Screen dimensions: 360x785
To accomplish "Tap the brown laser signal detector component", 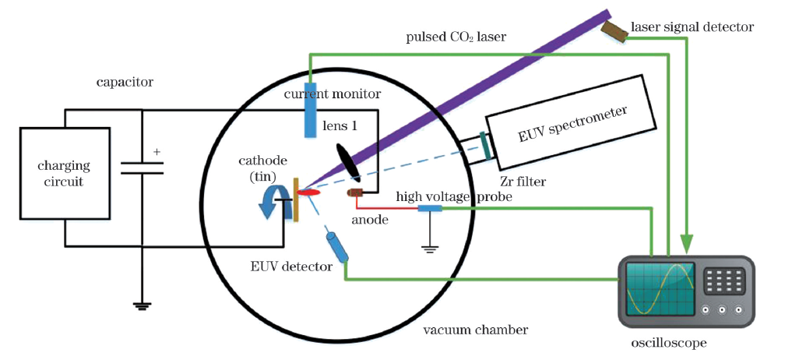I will pyautogui.click(x=614, y=30).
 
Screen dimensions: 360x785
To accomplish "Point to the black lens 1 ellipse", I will pyautogui.click(x=347, y=161).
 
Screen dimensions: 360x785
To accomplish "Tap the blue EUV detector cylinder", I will pyautogui.click(x=337, y=246).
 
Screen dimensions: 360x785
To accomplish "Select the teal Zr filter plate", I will pyautogui.click(x=486, y=145).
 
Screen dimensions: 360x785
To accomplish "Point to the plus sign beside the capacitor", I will pyautogui.click(x=157, y=152).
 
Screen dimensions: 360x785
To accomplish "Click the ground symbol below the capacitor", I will pyautogui.click(x=142, y=305).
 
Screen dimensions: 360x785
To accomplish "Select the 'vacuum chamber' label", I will pyautogui.click(x=475, y=330).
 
